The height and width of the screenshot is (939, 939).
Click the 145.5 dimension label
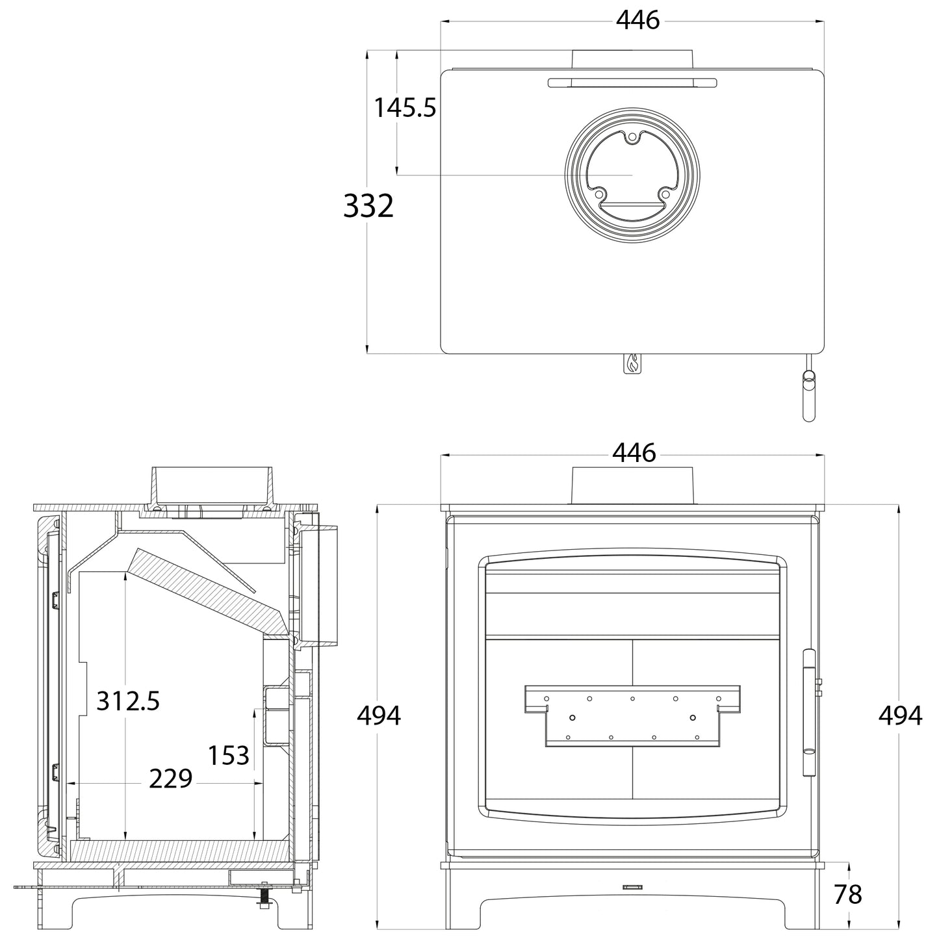(x=404, y=108)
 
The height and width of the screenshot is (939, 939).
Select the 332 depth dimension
(x=368, y=205)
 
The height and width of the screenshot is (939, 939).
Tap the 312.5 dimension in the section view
(x=128, y=701)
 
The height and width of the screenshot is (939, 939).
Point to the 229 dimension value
(x=170, y=778)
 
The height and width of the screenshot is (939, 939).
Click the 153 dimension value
(x=229, y=755)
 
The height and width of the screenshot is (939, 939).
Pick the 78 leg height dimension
(x=848, y=895)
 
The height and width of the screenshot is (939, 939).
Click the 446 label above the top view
(x=638, y=20)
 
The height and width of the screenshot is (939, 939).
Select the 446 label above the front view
(x=634, y=453)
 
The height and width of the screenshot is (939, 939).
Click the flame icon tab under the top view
(x=633, y=363)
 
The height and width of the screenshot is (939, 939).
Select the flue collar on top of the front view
(x=632, y=485)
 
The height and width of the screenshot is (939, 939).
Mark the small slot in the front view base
(x=632, y=901)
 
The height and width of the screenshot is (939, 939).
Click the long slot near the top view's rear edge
(x=632, y=83)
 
